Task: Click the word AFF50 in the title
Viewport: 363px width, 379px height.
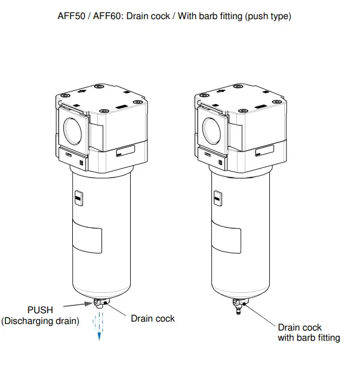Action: pos(70,16)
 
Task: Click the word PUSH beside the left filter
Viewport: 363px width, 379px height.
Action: pos(40,310)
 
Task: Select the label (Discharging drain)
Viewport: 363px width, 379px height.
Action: pos(40,321)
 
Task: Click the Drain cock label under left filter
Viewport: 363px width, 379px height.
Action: pos(153,319)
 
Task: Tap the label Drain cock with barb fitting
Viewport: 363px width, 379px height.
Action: pos(309,333)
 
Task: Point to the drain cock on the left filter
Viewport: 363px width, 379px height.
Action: pos(101,305)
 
